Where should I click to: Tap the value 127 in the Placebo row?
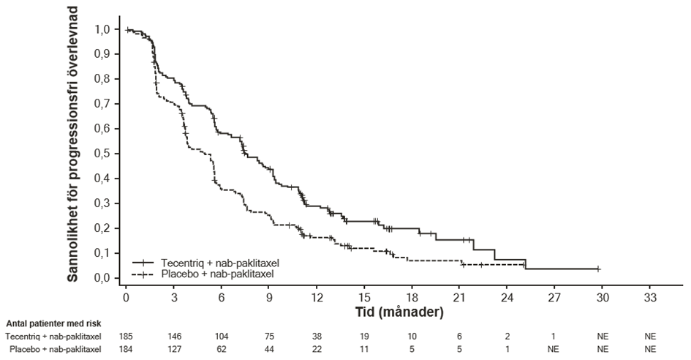pos(174,348)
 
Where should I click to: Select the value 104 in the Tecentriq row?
pos(222,336)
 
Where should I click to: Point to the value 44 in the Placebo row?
pos(269,348)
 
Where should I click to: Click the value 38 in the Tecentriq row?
pos(317,336)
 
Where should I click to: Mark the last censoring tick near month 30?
pos(598,269)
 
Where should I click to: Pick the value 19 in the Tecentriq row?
pos(364,336)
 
